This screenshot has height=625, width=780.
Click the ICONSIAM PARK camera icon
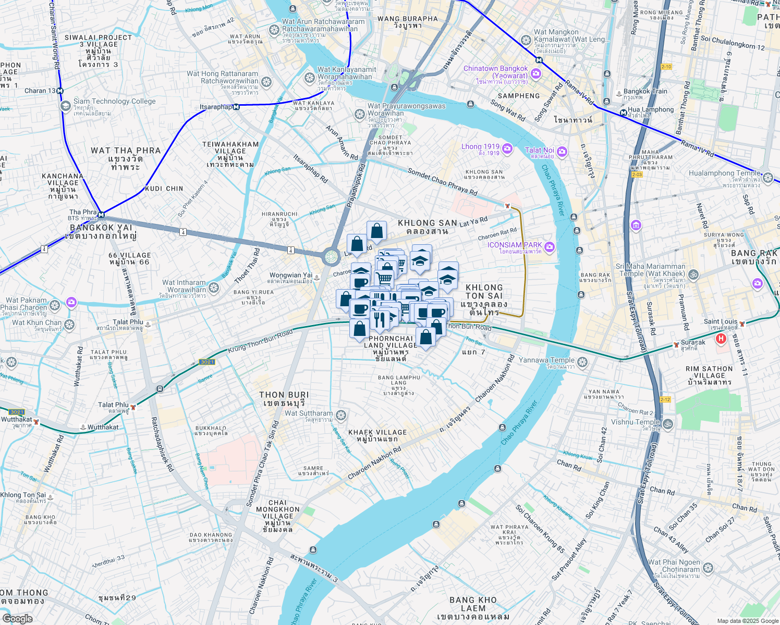[x=549, y=246]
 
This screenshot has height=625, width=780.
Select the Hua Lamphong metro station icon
[x=623, y=113]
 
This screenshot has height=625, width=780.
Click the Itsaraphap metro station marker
[x=236, y=107]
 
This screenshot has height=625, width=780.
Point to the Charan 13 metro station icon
[x=60, y=91]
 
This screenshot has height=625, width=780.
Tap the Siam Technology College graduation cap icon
[x=65, y=106]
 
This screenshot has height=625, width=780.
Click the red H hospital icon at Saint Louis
[x=721, y=339]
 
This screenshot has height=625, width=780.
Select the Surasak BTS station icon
[x=676, y=344]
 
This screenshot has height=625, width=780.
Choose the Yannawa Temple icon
[x=582, y=362]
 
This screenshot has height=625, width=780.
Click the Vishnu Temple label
[x=636, y=422]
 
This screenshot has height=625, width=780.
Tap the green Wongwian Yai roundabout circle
[x=331, y=257]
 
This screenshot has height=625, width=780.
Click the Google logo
[x=17, y=618]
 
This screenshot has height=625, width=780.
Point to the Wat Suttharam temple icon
[x=341, y=415]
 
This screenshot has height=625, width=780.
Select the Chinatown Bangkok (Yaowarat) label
[x=495, y=72]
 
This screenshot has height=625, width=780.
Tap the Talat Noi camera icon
[x=562, y=152]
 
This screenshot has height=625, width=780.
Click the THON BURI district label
[x=284, y=399]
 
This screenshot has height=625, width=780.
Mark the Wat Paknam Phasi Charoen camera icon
[x=71, y=302]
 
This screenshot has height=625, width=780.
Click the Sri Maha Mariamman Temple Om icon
[x=693, y=274]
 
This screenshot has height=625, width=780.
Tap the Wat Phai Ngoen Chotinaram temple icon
[x=708, y=568]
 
